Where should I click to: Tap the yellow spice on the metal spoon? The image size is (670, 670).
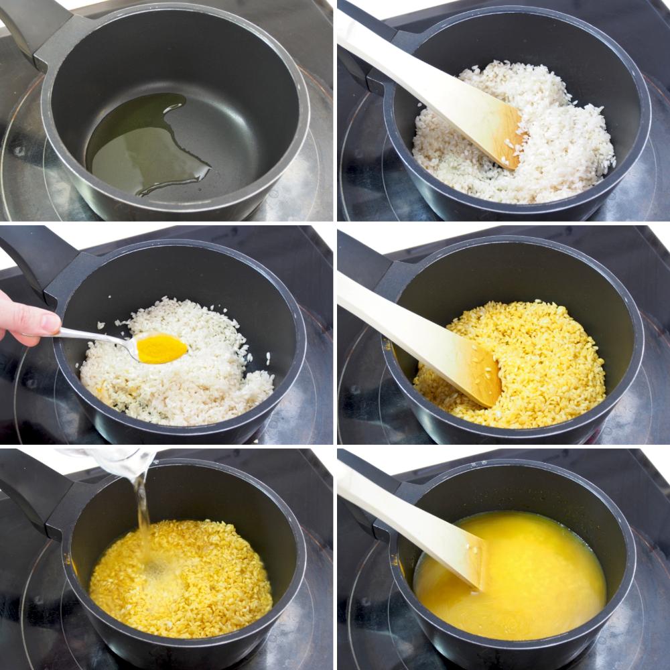coord(161,348)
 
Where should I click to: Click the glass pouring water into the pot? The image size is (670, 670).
coord(121,462)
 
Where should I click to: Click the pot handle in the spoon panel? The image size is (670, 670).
coord(40,261)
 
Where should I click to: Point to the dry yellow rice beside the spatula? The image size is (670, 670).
coord(549,362)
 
